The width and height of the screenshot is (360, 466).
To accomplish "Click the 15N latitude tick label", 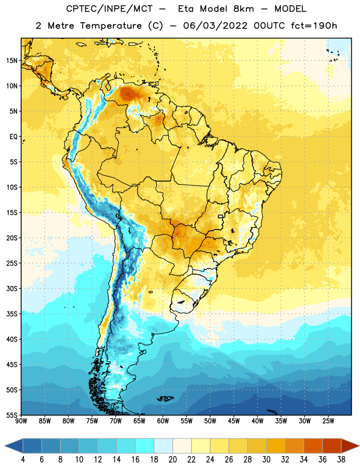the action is pos(12,61).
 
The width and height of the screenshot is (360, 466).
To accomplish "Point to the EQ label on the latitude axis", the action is pos(13,137).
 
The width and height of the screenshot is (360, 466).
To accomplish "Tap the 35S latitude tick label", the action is pos(12,314).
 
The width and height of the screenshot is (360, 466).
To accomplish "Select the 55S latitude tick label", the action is pos(12,415).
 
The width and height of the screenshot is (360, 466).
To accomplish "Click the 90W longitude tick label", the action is pos(21,421).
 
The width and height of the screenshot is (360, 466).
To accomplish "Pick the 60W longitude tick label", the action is pos(163,421).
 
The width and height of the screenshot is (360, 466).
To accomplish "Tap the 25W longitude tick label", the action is pos(328,421).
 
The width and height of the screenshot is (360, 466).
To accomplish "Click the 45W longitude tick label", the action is pos(234,421).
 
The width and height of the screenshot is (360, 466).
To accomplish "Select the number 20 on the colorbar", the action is pos(172,460).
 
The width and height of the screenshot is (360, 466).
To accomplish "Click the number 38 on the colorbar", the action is pos(341,460).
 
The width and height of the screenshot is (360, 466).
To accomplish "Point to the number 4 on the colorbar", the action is pos(23,460).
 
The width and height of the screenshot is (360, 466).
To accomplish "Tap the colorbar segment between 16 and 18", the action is pos(145,446).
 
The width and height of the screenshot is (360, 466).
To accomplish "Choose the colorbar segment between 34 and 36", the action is pos(313,446).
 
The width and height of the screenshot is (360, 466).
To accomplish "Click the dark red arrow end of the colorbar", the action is pos(350,446).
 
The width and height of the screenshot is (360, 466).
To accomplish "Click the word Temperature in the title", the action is pos(111,26).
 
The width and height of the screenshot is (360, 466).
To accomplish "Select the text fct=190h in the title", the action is pos(314,26).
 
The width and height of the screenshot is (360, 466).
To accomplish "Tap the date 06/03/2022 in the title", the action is pos(215,26).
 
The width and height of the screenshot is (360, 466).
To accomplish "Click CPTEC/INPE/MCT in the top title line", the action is pos(109,9).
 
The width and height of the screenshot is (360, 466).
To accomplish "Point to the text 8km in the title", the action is pos(243,9).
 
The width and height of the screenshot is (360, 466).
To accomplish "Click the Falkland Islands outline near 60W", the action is pos(165,398).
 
